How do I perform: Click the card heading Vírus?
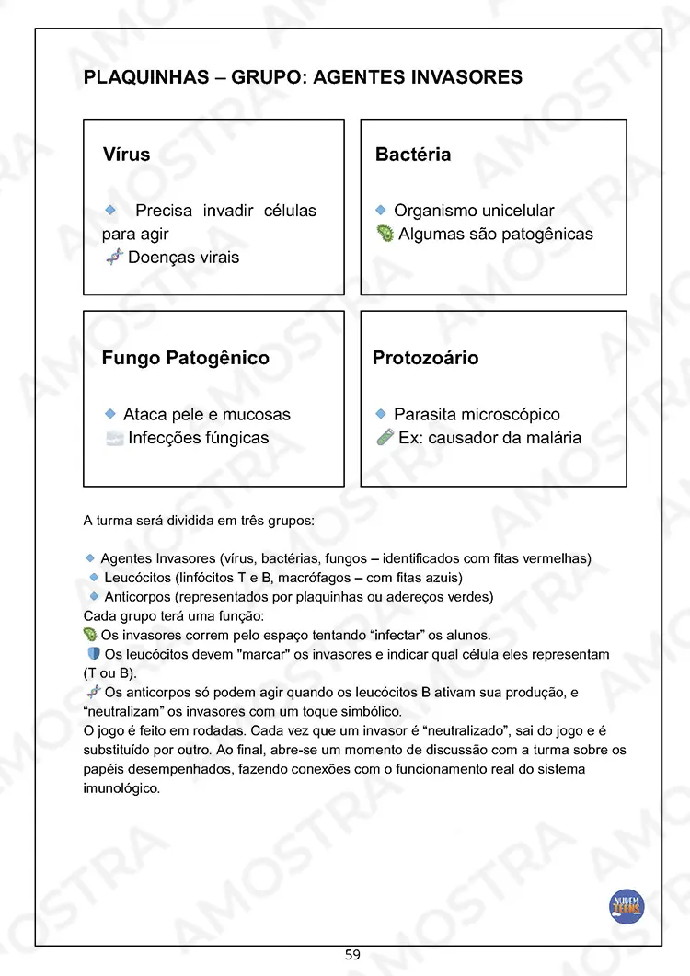click(126, 155)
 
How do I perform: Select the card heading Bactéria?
click(413, 155)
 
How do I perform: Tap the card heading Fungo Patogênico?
click(186, 358)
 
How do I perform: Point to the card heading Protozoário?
click(425, 358)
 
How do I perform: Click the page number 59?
click(352, 955)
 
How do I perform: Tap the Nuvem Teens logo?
click(627, 907)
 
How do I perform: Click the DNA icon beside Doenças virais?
click(114, 258)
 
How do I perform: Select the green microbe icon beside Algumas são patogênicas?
click(385, 235)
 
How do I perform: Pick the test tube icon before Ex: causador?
click(385, 438)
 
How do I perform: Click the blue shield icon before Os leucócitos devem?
click(93, 654)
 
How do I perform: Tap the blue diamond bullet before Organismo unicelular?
click(381, 211)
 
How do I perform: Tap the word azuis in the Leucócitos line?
click(440, 578)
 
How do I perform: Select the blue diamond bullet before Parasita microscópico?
click(381, 415)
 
